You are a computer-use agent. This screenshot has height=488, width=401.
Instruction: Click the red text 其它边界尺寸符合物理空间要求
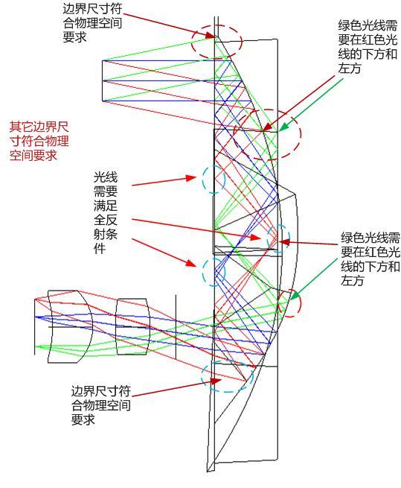tap(39, 141)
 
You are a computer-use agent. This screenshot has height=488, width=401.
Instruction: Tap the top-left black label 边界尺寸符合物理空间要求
tap(92, 23)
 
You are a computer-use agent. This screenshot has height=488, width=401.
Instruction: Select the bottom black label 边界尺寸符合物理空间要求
tap(100, 405)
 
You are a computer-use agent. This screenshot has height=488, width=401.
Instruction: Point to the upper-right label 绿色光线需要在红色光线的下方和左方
tap(368, 47)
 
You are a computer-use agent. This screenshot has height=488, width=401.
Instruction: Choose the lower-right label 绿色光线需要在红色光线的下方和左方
tap(370, 259)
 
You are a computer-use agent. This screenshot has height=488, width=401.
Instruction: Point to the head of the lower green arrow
tap(293, 296)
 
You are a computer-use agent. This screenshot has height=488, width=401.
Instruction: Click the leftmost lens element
tap(70, 326)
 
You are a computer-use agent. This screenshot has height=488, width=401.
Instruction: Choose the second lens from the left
tap(132, 326)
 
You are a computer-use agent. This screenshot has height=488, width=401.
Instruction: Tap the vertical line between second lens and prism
tap(176, 326)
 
